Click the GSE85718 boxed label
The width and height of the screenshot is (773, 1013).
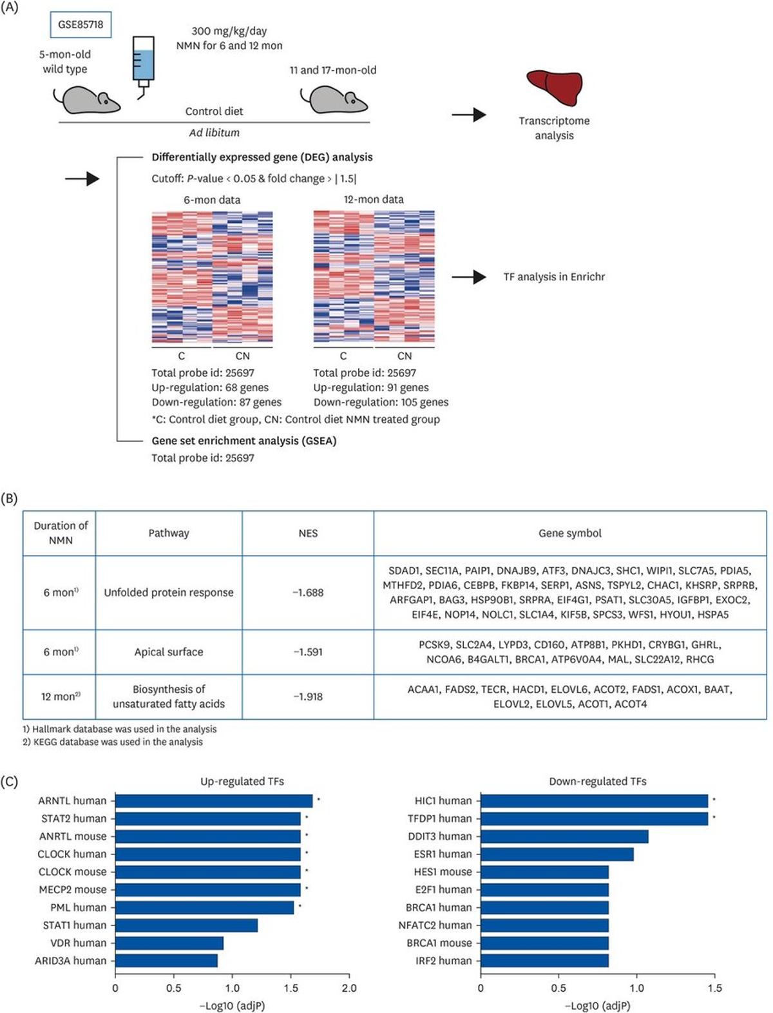coord(81,25)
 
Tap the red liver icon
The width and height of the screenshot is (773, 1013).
coord(554,88)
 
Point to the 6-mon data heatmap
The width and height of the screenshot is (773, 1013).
coord(212,277)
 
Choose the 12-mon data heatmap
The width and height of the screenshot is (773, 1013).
coord(374,277)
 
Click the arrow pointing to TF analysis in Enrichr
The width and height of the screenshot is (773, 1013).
coord(468,277)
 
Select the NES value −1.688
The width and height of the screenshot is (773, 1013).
coord(308,592)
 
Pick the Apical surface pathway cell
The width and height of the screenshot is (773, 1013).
coord(169,652)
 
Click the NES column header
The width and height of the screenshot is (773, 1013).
coord(308,533)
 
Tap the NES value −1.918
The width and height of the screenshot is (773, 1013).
coord(308,697)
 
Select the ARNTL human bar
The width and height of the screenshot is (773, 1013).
coord(213,801)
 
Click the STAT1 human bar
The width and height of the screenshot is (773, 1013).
coord(186,925)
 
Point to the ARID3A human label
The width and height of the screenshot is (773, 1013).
coord(71,961)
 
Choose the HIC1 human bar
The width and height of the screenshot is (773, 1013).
coord(594,801)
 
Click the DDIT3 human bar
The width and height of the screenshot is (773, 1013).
coord(564,836)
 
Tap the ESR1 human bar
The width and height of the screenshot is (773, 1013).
coord(557,854)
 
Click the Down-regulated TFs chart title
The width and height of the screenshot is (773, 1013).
coord(597,782)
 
